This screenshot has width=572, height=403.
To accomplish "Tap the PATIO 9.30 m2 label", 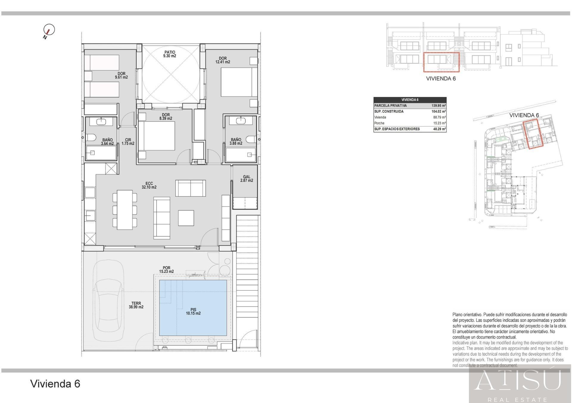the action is [x=170, y=54].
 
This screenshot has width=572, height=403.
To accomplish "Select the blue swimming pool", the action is [x=193, y=308].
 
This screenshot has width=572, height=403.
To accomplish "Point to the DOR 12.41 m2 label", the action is [x=223, y=60].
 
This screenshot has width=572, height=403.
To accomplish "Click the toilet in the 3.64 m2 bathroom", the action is [x=91, y=138].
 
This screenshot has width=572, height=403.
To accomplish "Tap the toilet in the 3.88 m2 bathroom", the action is [x=251, y=139].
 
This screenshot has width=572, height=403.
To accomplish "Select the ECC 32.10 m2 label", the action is [x=149, y=185].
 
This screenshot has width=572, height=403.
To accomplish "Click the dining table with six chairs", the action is [x=125, y=210].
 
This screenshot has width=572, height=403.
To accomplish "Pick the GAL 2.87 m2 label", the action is [x=247, y=179].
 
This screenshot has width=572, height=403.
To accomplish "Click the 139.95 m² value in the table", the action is [x=439, y=106].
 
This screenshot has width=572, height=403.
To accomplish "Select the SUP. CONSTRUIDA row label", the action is [x=389, y=111].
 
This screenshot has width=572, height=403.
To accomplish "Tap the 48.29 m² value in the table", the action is [x=439, y=129].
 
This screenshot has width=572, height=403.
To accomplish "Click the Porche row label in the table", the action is [x=379, y=123].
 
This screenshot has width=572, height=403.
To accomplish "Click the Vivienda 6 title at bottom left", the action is [x=55, y=384].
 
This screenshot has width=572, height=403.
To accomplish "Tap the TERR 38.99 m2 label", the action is [x=136, y=305].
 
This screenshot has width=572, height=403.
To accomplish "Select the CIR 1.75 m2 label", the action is [x=128, y=142].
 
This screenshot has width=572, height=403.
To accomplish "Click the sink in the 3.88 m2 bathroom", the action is [x=240, y=121].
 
